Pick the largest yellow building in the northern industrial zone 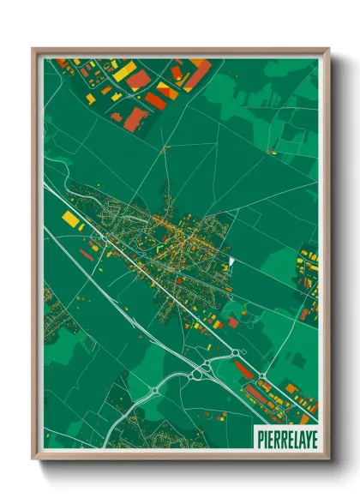tap(124, 71)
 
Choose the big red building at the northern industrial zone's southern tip tap(135, 119)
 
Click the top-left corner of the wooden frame tap(33, 49)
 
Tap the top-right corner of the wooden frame tap(328, 49)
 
